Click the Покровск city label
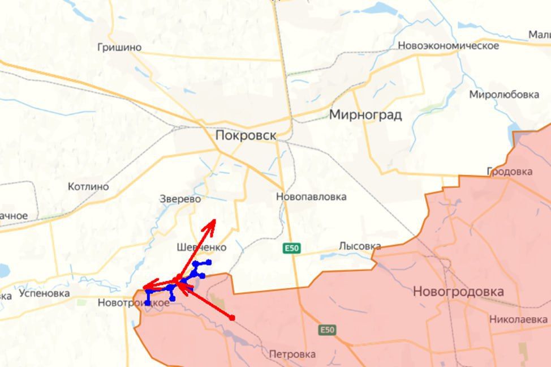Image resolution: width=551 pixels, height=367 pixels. click(246, 135)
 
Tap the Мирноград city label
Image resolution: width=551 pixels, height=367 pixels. click(365, 115)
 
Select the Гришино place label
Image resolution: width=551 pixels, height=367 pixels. click(119, 48)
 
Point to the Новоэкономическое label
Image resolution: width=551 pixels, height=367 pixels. click(448, 46)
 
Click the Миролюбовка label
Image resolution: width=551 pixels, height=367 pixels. click(503, 95)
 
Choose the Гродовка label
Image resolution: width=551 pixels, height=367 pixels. click(509, 171)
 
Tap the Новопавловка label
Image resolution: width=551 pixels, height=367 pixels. click(311, 197)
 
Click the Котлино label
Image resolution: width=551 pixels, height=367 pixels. click(88, 186)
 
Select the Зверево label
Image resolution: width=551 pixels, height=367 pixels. click(180, 199)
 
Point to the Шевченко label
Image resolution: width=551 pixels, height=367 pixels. click(201, 247)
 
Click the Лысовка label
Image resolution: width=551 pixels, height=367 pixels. click(360, 246)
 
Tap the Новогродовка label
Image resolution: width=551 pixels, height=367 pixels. click(458, 292)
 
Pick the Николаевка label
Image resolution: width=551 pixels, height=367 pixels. click(518, 319)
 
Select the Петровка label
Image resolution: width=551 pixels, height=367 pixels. click(292, 355)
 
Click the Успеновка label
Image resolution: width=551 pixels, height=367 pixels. click(44, 293)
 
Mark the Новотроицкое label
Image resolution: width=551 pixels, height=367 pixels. click(134, 303)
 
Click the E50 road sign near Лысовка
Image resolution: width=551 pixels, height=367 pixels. click(292, 248)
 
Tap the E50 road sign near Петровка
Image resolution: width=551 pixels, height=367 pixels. click(327, 330)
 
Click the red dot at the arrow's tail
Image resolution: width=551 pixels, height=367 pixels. click(232, 318)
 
